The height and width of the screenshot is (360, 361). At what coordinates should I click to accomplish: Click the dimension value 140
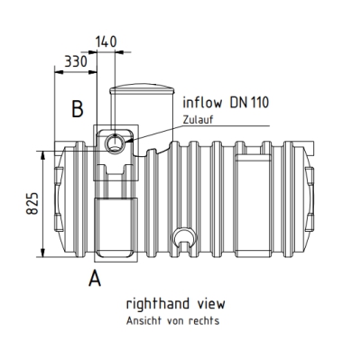tap(106, 42)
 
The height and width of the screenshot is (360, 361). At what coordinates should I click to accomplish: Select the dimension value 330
tap(76, 61)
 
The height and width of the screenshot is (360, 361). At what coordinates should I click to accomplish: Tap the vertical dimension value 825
tap(32, 203)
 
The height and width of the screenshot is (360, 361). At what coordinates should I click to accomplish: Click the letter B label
tap(78, 108)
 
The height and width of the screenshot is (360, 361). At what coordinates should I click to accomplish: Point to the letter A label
tap(95, 278)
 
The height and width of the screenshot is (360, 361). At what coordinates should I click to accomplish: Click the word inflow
tap(202, 102)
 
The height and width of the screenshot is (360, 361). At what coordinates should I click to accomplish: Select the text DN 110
tap(249, 103)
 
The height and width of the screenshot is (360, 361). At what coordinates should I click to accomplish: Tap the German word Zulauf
tap(198, 120)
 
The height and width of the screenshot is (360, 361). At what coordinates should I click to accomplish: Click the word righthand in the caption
tap(158, 304)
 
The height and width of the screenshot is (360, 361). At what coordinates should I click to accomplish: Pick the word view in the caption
tap(211, 304)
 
